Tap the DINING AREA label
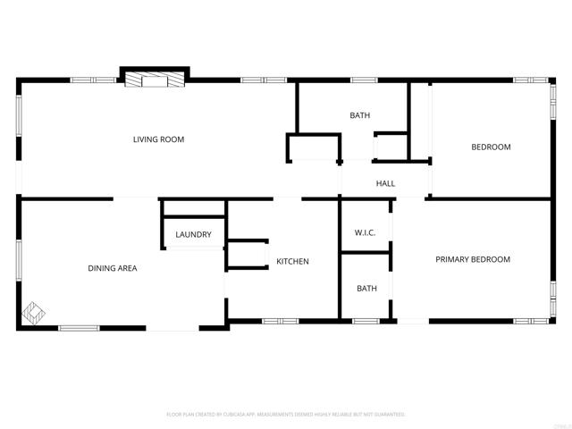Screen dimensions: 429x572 pos(112,267)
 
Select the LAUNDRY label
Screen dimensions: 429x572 pos(193,235)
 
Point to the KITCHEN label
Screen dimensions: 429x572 pos(292,261)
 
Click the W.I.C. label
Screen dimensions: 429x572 pos(365,233)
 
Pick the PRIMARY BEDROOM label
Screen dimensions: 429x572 pos(472,259)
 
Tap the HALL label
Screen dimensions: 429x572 pos(385,183)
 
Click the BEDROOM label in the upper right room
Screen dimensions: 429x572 pos(491,147)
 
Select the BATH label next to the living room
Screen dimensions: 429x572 pos(359,115)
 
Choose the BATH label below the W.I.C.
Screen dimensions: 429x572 pos(366,288)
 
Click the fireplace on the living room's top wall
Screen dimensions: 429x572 pos(154,80)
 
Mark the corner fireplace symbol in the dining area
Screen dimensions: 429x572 pos(34,313)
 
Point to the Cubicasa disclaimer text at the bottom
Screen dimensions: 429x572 pos(286,415)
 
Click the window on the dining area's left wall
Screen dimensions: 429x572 pos(19,259)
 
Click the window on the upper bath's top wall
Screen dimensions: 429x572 pos(363,80)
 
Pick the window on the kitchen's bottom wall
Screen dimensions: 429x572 pos(277,320)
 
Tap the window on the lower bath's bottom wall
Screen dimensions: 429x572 pos(365,320)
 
